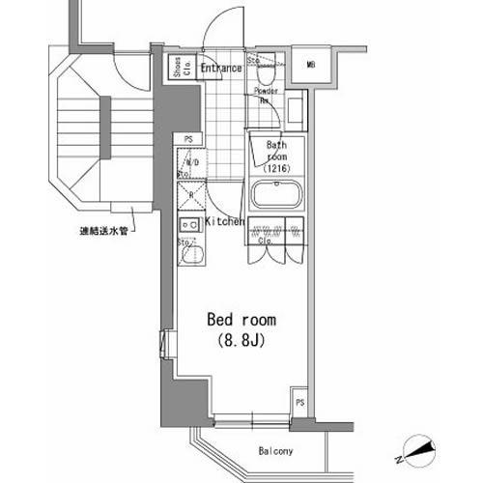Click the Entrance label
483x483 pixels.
pyautogui.click(x=221, y=68)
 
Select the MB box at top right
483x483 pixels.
pyautogui.click(x=311, y=65)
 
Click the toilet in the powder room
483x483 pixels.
pyautogui.click(x=268, y=71)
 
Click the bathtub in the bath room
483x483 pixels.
pyautogui.click(x=277, y=196)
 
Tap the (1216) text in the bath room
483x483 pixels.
pyautogui.click(x=278, y=167)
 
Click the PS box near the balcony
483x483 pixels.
pyautogui.click(x=300, y=403)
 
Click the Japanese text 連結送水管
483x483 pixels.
pyautogui.click(x=103, y=231)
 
